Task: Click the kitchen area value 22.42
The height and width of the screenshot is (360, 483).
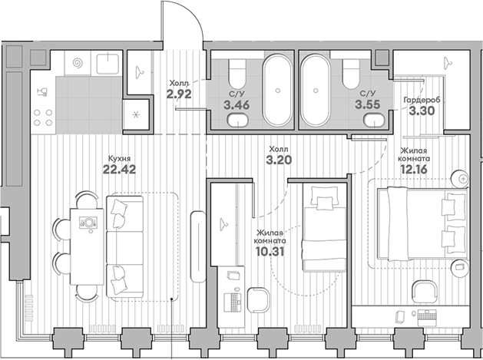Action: click(119, 169)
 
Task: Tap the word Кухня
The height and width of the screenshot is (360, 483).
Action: click(120, 158)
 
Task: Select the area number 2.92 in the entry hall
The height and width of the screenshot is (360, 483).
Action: click(179, 94)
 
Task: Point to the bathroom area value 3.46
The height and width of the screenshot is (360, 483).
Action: click(237, 105)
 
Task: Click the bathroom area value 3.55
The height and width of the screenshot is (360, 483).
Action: click(368, 104)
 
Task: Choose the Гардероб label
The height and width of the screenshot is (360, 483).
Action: click(422, 100)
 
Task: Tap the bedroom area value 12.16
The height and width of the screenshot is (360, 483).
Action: click(414, 169)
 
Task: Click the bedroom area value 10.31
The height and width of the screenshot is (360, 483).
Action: click(270, 252)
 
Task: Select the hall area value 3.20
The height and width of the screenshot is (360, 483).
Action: click(279, 160)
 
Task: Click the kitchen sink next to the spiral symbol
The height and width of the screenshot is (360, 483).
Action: click(108, 64)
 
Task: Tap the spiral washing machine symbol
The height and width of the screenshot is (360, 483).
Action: click(78, 64)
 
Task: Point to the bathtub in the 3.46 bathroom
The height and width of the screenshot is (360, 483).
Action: click(277, 91)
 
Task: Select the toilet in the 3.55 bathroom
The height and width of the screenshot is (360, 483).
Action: click(352, 74)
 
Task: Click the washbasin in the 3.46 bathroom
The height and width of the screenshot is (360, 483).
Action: click(237, 120)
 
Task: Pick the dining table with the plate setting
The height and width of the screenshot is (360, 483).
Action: click(87, 246)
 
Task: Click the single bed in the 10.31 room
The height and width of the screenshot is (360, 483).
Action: click(325, 227)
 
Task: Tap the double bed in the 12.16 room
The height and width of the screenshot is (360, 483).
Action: click(422, 223)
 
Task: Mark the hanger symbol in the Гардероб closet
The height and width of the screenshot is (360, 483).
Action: click(447, 63)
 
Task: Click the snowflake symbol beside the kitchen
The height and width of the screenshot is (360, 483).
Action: click(136, 115)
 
